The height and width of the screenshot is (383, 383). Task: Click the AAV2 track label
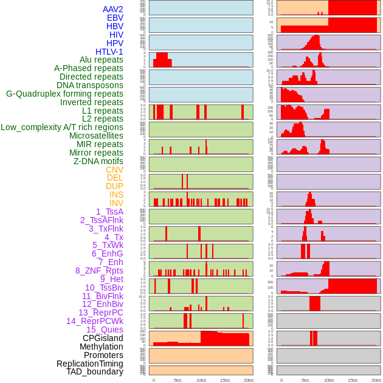113,9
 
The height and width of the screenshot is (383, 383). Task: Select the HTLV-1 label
109,52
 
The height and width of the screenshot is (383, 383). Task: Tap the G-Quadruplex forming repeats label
64,94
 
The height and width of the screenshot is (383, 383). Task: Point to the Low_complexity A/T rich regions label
62,127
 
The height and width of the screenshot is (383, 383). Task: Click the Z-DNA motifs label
98,161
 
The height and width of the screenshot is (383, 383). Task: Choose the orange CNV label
114,170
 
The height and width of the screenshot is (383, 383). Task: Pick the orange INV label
116,203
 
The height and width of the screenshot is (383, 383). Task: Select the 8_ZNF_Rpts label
99,271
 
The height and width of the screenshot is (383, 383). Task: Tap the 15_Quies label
105,330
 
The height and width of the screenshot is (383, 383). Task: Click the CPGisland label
103,338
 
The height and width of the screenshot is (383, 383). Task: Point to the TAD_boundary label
95,371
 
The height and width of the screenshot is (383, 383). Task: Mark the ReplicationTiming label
90,364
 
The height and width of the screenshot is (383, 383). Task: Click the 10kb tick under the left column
201,380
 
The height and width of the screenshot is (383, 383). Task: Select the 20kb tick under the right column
376,380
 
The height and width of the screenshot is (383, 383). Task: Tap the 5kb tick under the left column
178,380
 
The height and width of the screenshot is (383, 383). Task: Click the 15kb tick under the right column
353,380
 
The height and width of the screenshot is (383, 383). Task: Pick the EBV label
115,18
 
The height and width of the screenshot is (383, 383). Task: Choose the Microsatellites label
96,136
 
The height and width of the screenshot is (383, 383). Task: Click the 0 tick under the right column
281,380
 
